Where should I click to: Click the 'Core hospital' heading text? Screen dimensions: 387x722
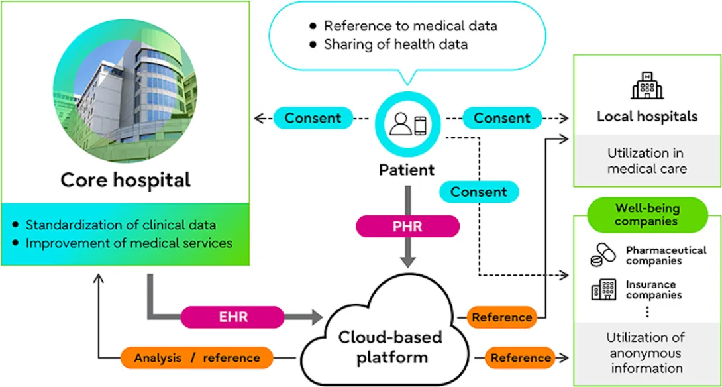point(125,180)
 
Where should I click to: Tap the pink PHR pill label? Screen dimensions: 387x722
point(407,225)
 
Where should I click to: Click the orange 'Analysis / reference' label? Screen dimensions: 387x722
point(197,358)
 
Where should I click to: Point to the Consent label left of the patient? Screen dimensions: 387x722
point(313,119)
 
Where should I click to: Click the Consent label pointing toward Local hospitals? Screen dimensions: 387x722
point(501,119)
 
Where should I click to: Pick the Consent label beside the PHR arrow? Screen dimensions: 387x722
point(478,192)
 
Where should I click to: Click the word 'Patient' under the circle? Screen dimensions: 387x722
point(407,170)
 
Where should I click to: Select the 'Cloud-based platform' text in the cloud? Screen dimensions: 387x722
point(389,347)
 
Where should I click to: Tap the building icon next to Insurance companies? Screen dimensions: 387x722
point(603,290)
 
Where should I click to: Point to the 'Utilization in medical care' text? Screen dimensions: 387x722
point(646,161)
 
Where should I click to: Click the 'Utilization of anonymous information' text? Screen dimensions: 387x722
point(646,353)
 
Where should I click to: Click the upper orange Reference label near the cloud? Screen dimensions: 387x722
point(501,317)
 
